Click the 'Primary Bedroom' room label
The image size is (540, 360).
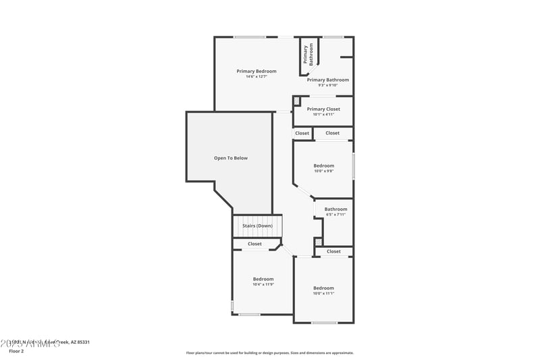point(256,71)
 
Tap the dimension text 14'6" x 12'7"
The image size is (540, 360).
point(256,77)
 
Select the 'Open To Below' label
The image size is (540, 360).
point(231,158)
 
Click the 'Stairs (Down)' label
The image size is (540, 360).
point(257,226)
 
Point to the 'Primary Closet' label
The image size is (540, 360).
point(323,109)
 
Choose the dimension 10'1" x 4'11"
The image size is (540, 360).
point(323,115)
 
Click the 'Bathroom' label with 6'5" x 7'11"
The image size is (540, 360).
point(335,209)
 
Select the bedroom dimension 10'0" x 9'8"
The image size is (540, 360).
point(323,172)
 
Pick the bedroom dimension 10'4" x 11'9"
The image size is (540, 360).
point(263,284)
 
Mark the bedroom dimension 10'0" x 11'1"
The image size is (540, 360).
point(323,294)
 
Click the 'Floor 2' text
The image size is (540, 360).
point(16,351)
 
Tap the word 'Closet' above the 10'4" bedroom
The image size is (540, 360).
point(254,244)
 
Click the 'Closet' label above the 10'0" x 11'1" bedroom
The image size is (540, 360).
point(333,251)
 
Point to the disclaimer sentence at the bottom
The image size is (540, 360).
point(269,353)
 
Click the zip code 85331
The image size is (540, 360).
point(82,342)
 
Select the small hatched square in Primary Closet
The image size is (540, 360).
point(296,101)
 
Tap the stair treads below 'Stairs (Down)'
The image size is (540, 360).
point(257,233)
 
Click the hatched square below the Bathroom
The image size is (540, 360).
point(319,242)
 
